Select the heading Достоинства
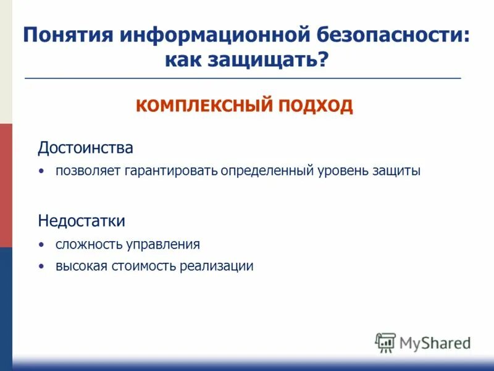point(85,148)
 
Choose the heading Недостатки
point(82,221)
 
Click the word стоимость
point(145,267)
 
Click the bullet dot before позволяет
point(41,171)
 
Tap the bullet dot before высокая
point(41,267)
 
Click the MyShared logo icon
point(385,343)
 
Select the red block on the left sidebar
point(6,185)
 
